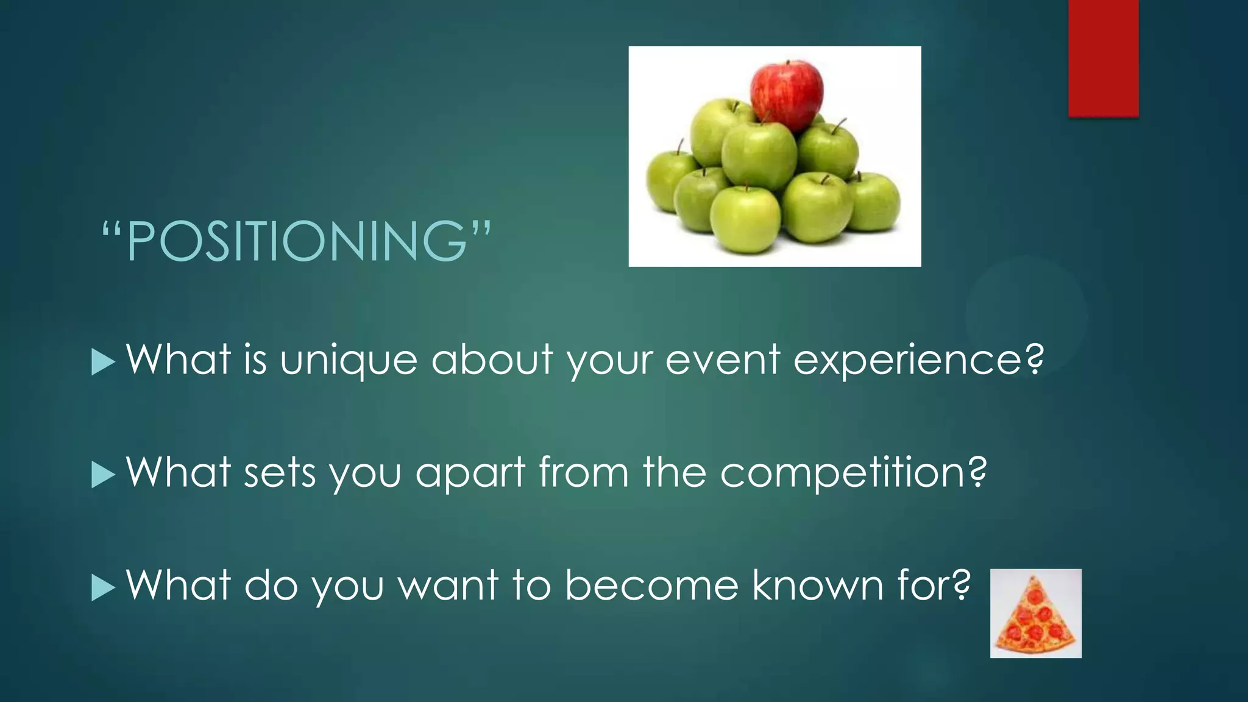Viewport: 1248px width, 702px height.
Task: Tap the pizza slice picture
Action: click(1035, 613)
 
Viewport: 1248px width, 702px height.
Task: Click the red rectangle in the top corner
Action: click(1103, 58)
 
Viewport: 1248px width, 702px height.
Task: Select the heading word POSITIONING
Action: click(297, 241)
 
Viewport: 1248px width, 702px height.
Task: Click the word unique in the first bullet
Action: click(348, 360)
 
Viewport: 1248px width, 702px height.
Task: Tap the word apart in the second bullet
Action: click(470, 473)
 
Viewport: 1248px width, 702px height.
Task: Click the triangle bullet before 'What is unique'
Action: click(103, 363)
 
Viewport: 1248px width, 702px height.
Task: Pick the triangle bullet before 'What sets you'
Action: click(103, 475)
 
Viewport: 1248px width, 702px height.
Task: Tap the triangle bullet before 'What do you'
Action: click(103, 588)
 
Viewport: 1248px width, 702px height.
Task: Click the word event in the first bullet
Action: click(723, 360)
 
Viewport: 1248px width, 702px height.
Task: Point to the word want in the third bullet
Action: click(448, 586)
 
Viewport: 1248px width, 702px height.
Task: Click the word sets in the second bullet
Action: click(280, 473)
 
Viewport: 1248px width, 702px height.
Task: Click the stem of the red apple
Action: click(788, 63)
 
